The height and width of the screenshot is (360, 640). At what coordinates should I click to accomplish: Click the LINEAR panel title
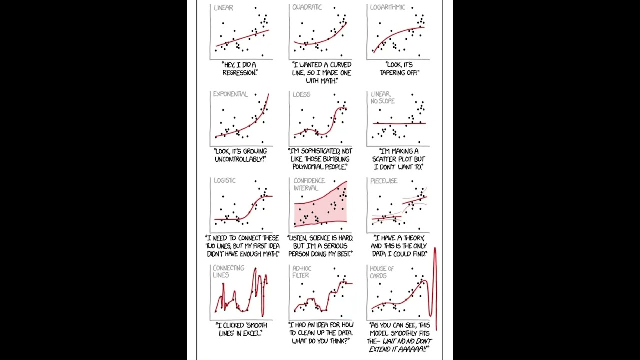click(x=223, y=8)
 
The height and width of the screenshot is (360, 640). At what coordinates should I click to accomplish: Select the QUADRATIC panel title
click(x=307, y=7)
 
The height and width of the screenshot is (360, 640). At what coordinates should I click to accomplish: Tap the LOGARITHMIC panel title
click(x=388, y=7)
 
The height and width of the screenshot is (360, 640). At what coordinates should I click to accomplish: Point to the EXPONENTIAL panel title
click(x=230, y=94)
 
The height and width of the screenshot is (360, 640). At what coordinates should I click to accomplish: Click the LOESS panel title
click(x=301, y=94)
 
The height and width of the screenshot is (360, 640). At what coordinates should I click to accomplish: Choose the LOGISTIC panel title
click(x=225, y=180)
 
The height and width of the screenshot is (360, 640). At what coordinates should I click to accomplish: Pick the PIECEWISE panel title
click(x=384, y=181)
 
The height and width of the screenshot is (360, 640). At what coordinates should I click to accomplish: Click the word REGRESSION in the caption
click(x=239, y=73)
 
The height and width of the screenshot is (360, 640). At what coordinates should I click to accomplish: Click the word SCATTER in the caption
click(x=387, y=159)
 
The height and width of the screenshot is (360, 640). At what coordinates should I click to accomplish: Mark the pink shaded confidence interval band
click(x=320, y=210)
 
